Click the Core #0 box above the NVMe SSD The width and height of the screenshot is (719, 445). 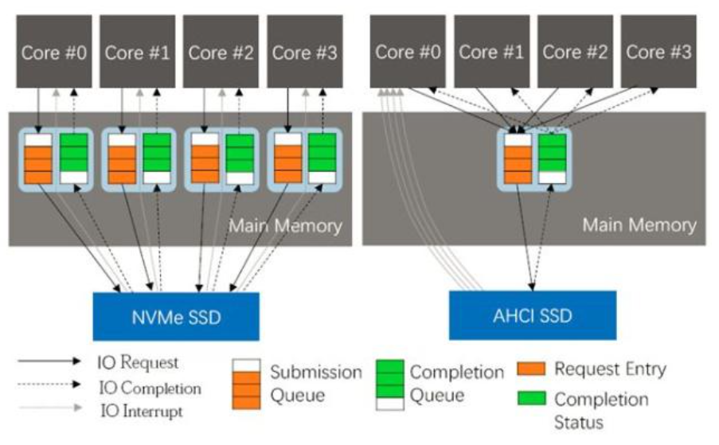coord(54,51)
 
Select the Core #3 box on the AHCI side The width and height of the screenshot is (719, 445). coord(658,51)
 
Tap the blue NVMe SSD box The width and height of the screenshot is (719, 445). coord(176,317)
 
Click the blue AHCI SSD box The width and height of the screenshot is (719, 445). coord(533,315)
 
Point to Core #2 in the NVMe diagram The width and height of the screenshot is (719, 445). coord(221,51)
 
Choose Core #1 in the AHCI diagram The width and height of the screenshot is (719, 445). coord(491,51)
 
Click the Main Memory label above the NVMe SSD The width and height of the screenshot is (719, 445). coord(285,226)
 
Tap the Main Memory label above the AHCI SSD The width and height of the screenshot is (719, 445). coord(639,225)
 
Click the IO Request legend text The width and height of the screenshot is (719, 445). coord(138,362)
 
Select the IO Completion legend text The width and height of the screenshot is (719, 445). coord(150,388)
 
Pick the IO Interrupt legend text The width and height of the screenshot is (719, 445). coord(141,411)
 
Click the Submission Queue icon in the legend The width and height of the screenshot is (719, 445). coord(246,384)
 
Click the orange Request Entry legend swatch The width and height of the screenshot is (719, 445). coord(531,369)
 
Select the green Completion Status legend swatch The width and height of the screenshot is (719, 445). coord(531,398)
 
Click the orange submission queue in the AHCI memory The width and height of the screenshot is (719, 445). coord(518,158)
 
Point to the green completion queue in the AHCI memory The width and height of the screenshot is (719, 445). coord(552,158)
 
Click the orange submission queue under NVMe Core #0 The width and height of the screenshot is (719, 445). coord(38,158)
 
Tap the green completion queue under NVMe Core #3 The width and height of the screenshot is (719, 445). coord(322,158)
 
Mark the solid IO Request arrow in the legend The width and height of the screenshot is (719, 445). coord(49,361)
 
